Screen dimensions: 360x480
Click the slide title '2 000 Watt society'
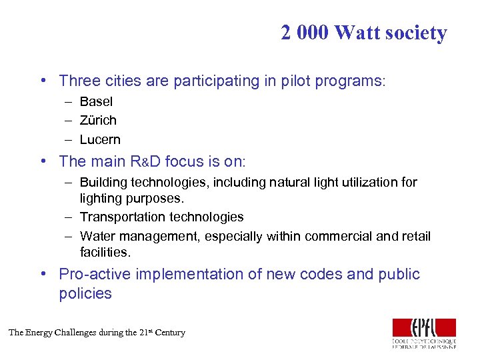coord(363,33)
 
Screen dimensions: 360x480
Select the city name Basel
coord(96,102)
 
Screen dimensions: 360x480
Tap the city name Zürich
coord(98,121)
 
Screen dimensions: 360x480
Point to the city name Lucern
coord(100,140)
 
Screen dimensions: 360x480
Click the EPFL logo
coord(424,333)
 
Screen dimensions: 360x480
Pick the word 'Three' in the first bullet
coord(79,81)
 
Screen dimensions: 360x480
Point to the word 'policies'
coord(85,294)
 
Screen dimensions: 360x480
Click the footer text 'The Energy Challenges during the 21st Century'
coord(97,333)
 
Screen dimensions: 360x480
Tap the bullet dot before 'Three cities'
coord(42,81)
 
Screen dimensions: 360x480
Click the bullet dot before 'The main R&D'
coord(42,161)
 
